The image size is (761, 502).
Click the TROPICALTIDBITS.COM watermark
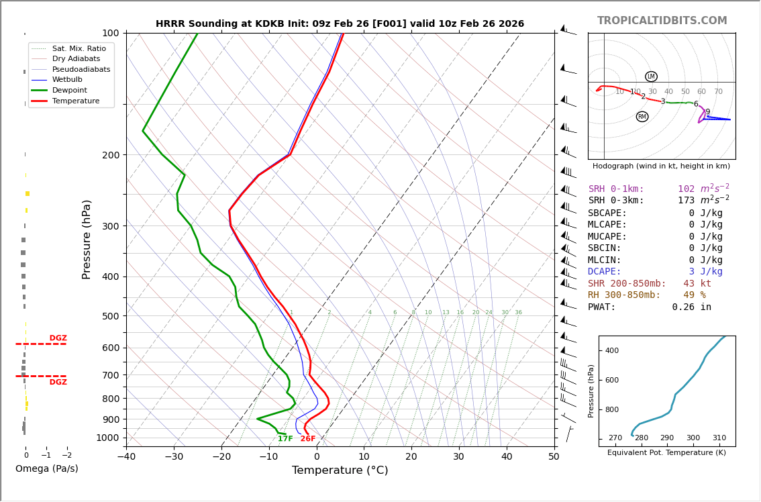click(x=662, y=21)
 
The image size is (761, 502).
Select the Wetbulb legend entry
click(x=68, y=80)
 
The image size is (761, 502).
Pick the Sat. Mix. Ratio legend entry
click(x=79, y=49)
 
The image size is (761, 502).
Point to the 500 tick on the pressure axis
click(x=110, y=316)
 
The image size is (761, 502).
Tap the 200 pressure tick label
click(x=110, y=155)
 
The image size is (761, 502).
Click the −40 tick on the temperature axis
click(x=126, y=457)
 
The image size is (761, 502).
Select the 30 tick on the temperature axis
click(x=458, y=457)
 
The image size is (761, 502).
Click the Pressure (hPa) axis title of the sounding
click(x=87, y=239)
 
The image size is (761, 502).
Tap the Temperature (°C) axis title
click(x=340, y=470)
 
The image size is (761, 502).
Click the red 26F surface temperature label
click(x=307, y=439)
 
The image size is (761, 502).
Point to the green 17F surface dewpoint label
click(x=285, y=439)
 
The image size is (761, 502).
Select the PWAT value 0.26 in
click(x=691, y=307)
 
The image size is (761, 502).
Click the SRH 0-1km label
click(x=616, y=189)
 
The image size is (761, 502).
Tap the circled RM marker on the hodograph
click(x=642, y=117)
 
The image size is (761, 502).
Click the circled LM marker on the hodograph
click(x=651, y=77)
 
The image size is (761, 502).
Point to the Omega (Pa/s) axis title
click(x=46, y=469)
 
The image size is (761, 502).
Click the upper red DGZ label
click(x=58, y=338)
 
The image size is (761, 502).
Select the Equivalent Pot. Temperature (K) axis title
click(x=666, y=453)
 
